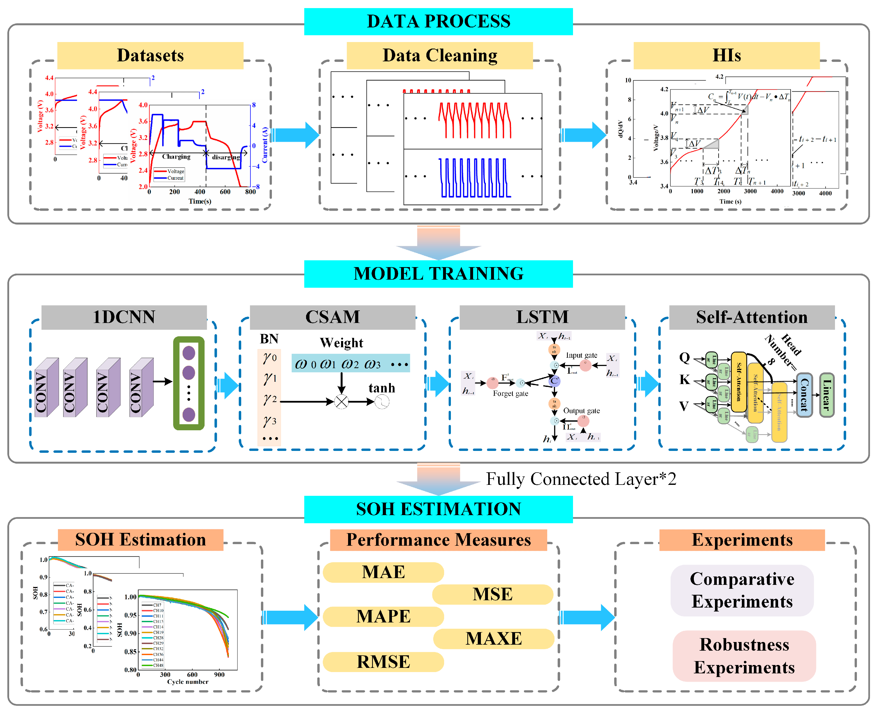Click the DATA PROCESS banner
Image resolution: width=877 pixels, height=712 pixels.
[x=438, y=21]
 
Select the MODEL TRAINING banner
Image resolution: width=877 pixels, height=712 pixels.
[x=438, y=274]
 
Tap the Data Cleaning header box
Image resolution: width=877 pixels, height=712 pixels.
[x=439, y=55]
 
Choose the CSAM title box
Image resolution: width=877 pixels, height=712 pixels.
[x=332, y=317]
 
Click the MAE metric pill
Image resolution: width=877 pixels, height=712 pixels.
[x=383, y=572]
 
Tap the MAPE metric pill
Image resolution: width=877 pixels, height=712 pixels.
[x=383, y=616]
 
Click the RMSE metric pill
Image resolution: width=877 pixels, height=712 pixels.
[x=383, y=662]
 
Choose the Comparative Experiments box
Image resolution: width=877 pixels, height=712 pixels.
[x=742, y=590]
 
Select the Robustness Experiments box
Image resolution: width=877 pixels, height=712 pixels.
[x=744, y=656]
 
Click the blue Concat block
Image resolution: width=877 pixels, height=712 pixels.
[x=804, y=395]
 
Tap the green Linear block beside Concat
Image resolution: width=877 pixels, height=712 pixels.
[x=827, y=395]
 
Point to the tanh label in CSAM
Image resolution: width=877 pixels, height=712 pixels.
[x=381, y=388]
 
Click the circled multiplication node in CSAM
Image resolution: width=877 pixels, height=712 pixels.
[x=341, y=402]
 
